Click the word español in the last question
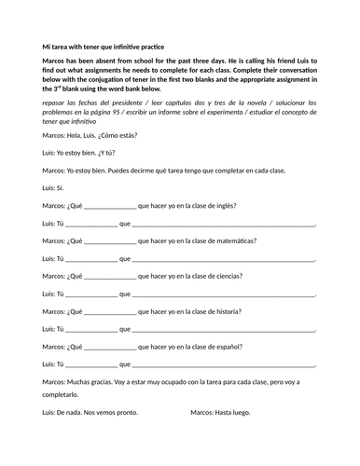(228, 347)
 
